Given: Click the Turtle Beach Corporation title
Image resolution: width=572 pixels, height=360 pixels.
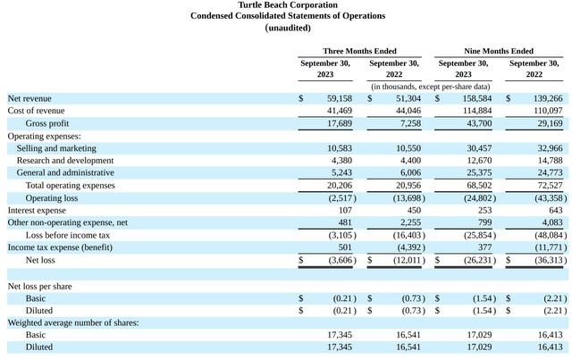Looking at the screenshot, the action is point(288,5).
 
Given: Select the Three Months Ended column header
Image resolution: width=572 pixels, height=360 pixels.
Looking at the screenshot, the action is point(359,51).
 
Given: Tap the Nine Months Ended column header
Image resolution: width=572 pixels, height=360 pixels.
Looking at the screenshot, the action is point(499,51).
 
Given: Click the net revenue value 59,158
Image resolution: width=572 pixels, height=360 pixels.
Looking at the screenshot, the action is point(340,98).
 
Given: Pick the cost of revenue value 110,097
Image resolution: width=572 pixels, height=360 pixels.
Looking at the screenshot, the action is point(549,111).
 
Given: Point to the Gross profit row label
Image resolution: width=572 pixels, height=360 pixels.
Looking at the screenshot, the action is point(47,123).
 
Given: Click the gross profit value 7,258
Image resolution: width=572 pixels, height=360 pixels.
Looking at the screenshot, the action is point(410,123).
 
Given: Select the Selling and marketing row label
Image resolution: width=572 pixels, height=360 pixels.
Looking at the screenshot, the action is point(56,148).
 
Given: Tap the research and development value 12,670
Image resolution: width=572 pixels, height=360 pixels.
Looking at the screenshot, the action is point(479,161).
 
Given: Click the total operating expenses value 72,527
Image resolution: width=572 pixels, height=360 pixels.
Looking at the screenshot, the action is point(550,185).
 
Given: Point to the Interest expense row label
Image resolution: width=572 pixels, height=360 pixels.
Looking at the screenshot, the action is point(37,211).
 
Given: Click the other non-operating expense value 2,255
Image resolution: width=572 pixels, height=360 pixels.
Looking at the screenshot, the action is point(410,222).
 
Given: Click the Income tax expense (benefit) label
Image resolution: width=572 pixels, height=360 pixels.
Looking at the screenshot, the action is point(60,247).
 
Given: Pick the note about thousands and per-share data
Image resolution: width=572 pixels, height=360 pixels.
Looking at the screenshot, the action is point(431,87).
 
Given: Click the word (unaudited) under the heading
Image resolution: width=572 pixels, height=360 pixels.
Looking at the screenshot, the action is point(288,28).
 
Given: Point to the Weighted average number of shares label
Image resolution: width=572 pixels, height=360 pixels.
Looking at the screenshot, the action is point(73,322).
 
